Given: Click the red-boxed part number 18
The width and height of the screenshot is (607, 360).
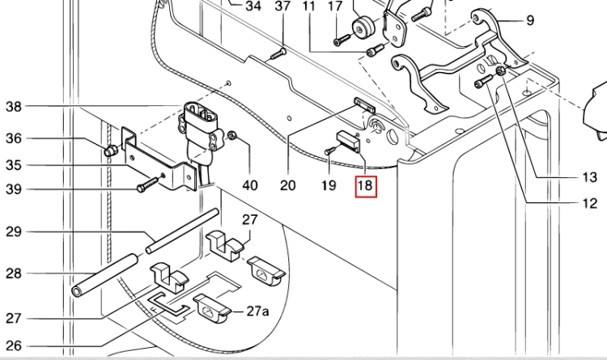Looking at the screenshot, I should point(365,186).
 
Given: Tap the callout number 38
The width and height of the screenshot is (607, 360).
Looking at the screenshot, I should point(14,106).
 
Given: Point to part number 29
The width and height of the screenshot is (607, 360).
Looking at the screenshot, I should point(14,232).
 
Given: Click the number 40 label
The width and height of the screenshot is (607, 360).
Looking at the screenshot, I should point(250,185).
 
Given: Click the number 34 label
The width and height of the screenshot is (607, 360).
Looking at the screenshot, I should point(253,6).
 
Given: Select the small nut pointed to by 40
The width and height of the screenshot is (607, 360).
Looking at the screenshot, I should point(232,135).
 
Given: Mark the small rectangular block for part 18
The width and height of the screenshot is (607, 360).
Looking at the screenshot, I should point(349,139).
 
